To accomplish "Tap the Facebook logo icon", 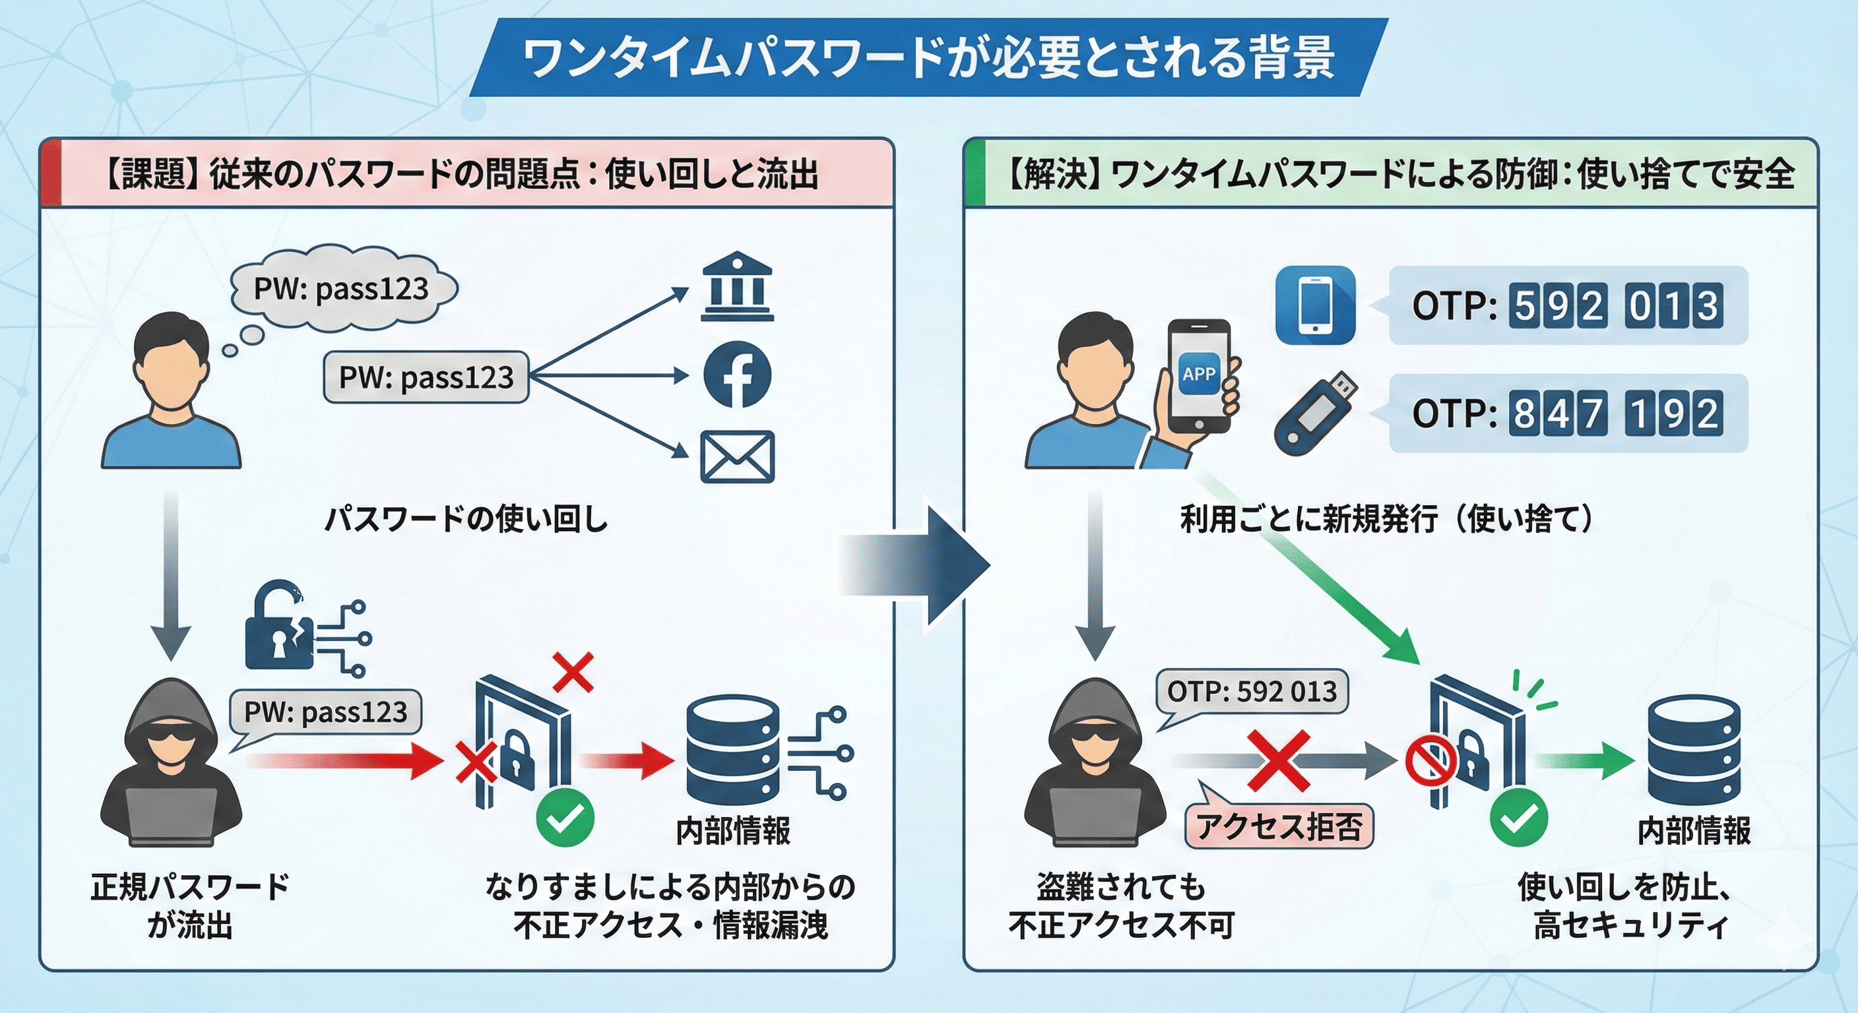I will coord(736,375).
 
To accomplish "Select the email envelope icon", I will coord(737,457).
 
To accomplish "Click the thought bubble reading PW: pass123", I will coord(342,289).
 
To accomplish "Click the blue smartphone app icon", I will coord(1315,305).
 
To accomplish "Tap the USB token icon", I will coord(1314,413).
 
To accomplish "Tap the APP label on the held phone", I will coord(1199,373).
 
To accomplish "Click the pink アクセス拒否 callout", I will coord(1279,826).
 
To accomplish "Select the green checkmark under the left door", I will coord(565,818).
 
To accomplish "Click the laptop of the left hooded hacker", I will coord(171,815).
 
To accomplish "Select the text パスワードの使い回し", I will coord(466,519).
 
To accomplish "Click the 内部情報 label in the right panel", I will coord(1694,830).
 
